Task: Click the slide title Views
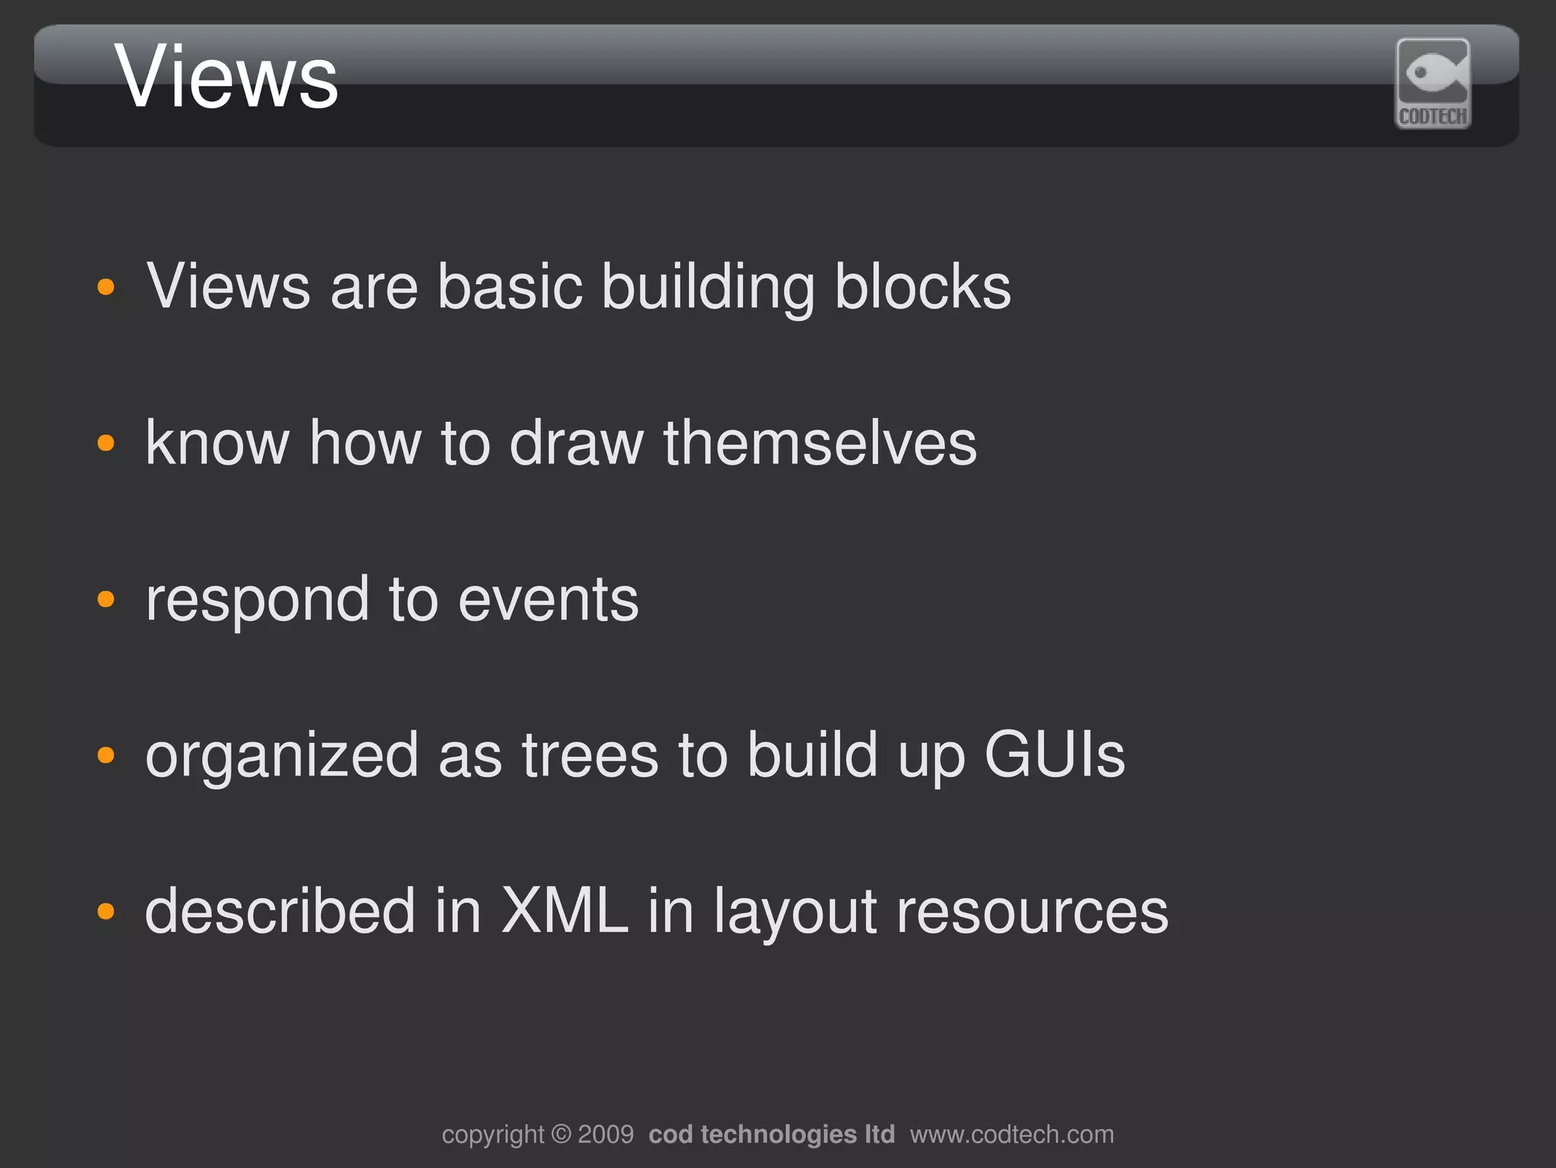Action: [x=226, y=78]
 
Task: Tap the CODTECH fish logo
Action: [x=1433, y=83]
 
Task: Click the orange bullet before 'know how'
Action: [x=106, y=443]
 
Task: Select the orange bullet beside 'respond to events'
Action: [x=106, y=600]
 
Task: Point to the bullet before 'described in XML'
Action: [x=106, y=911]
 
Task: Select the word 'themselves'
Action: [x=820, y=443]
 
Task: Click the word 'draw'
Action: [x=576, y=443]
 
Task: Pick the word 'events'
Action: [x=548, y=600]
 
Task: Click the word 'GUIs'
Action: [x=1055, y=755]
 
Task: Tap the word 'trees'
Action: [x=590, y=756]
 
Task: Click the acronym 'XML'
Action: [x=565, y=911]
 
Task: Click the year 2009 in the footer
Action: [x=606, y=1135]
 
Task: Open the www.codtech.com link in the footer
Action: [x=1012, y=1135]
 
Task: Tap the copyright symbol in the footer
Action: [x=561, y=1135]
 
